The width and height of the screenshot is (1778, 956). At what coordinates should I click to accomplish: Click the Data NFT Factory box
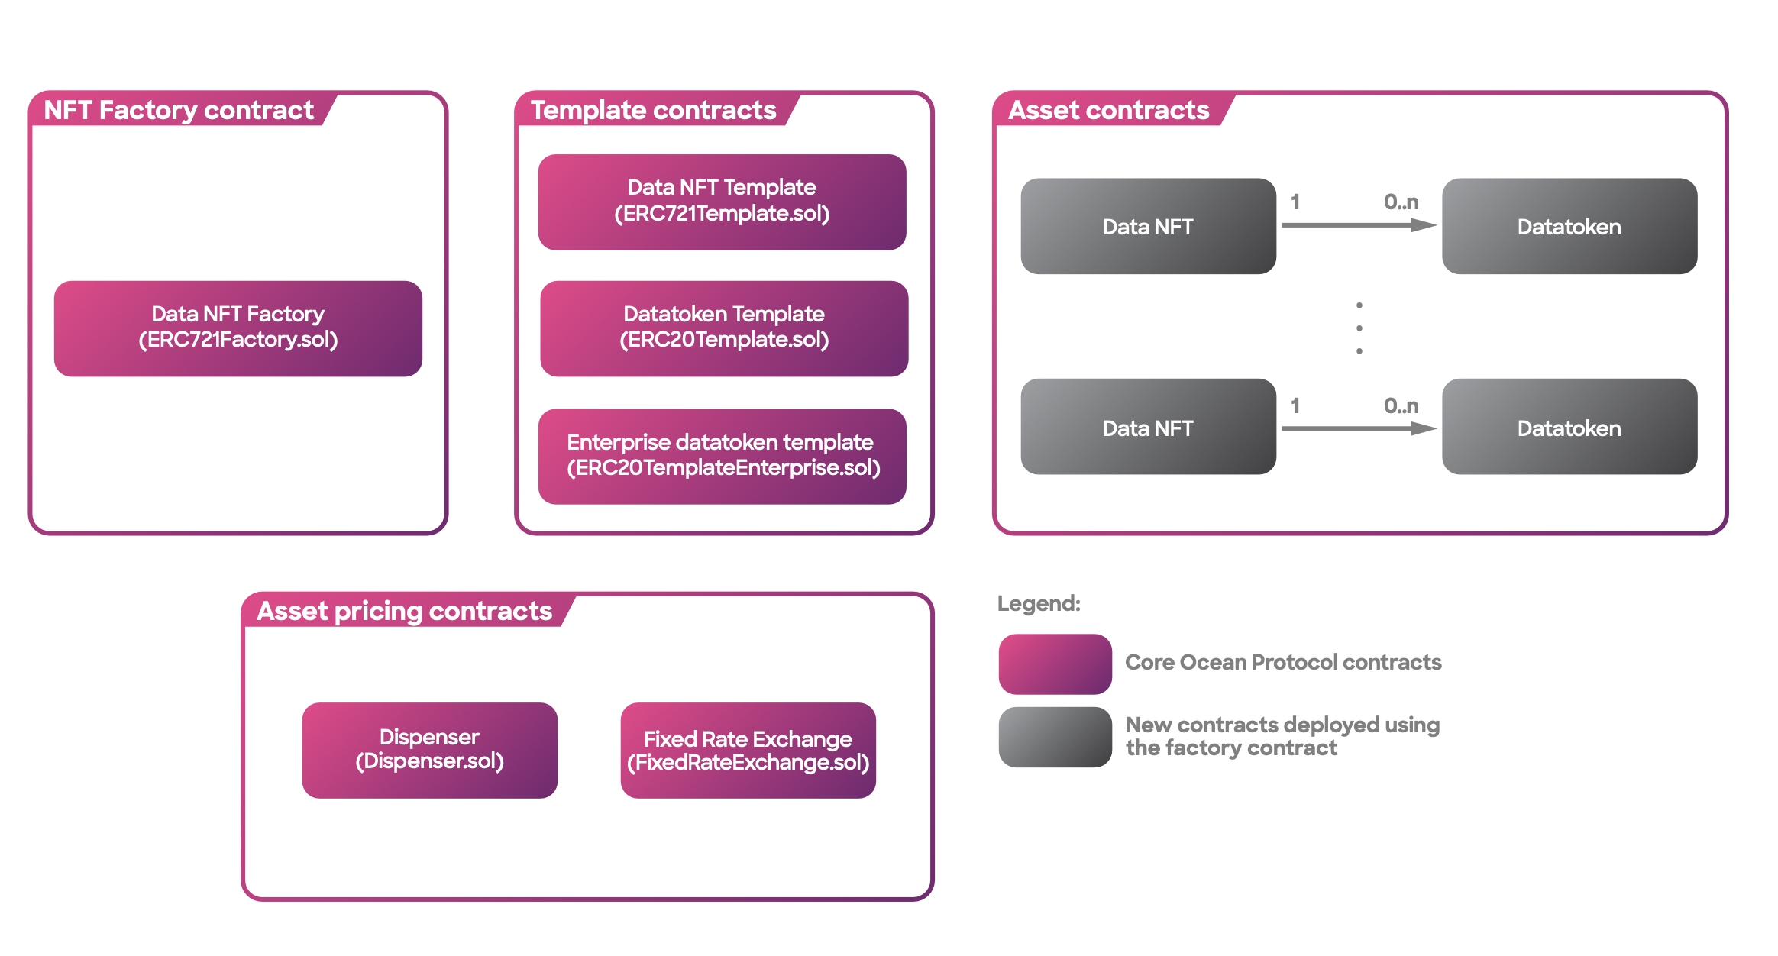(x=238, y=328)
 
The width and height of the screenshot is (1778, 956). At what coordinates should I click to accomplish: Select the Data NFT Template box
(x=723, y=202)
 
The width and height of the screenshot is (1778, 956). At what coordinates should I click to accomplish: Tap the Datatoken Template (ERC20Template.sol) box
(x=724, y=328)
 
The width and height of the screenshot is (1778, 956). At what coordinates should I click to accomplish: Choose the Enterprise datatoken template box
(x=723, y=457)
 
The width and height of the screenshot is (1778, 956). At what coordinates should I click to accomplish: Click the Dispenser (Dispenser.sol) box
(x=430, y=751)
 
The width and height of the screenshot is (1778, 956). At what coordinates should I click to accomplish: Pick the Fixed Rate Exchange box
(x=748, y=751)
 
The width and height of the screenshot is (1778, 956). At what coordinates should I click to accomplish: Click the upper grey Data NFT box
(x=1149, y=226)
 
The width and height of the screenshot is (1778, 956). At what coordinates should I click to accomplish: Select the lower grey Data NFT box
(x=1149, y=427)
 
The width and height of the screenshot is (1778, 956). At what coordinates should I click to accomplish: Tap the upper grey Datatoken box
(x=1569, y=226)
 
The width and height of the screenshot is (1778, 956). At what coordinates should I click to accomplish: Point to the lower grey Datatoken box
(x=1569, y=427)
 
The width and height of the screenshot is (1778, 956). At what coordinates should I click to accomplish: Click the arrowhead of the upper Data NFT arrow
(x=1425, y=225)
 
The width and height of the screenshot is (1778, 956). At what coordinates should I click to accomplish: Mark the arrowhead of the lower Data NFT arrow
(x=1425, y=429)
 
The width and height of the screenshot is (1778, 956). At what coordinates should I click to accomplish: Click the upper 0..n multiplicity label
(x=1401, y=202)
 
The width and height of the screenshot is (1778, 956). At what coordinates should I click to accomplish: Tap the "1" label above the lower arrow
(x=1295, y=405)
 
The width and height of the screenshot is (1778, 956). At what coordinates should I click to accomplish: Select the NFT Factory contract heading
(x=179, y=110)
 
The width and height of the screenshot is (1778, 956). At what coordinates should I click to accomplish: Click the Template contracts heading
(x=654, y=110)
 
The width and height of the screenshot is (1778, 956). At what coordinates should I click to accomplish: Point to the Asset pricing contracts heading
(x=405, y=611)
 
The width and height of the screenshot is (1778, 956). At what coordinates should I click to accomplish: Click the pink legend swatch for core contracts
(x=1055, y=664)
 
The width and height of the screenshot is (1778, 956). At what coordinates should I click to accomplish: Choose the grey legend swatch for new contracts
(x=1055, y=737)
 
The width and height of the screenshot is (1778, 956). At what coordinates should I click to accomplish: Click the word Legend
(x=1039, y=604)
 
